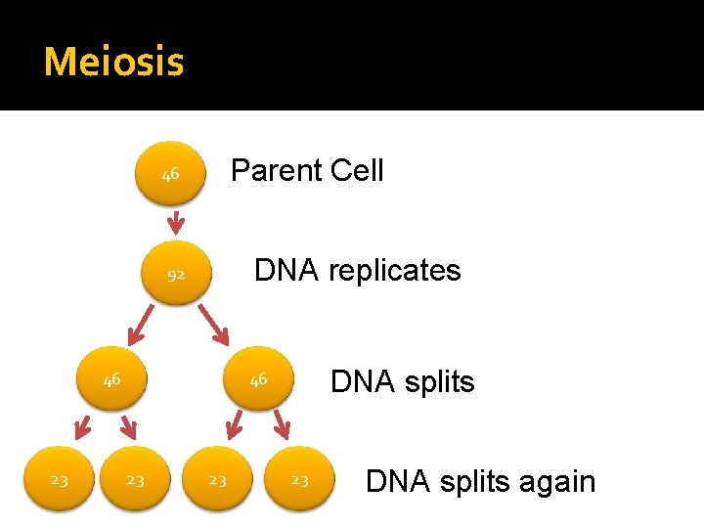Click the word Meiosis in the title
pyautogui.click(x=113, y=63)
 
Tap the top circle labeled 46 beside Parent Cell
pyautogui.click(x=171, y=175)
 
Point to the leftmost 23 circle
pyautogui.click(x=60, y=480)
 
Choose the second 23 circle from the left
pyautogui.click(x=136, y=480)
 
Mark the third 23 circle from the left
pyautogui.click(x=218, y=480)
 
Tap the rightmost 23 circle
pyautogui.click(x=300, y=480)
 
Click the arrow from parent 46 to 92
pyautogui.click(x=175, y=224)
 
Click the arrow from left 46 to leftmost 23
pyautogui.click(x=82, y=426)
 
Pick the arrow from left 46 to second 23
pyautogui.click(x=126, y=426)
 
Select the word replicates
pyautogui.click(x=394, y=270)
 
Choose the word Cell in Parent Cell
pyautogui.click(x=357, y=171)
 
